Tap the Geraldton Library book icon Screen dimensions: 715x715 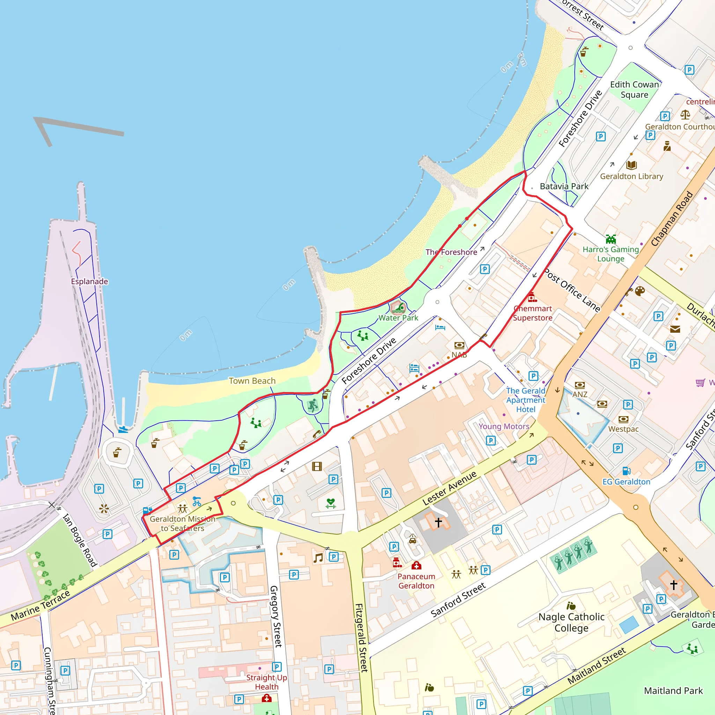pyautogui.click(x=631, y=165)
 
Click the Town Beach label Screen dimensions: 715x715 pyautogui.click(x=252, y=381)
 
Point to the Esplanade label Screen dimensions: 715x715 pyautogui.click(x=90, y=281)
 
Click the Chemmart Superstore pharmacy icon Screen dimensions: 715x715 pyautogui.click(x=532, y=297)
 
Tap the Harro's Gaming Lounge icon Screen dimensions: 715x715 pyautogui.click(x=611, y=239)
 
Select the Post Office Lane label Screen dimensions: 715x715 pyautogui.click(x=572, y=290)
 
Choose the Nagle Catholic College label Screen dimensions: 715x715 pyautogui.click(x=571, y=622)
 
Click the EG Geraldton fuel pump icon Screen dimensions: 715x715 pyautogui.click(x=626, y=471)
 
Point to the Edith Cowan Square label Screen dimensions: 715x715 pyautogui.click(x=634, y=90)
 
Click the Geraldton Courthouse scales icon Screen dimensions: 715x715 pyautogui.click(x=685, y=115)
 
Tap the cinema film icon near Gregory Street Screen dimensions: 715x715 pyautogui.click(x=317, y=466)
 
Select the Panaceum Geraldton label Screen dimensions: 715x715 pyautogui.click(x=417, y=581)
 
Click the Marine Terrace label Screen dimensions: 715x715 pyautogui.click(x=41, y=605)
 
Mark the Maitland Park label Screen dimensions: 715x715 pyautogui.click(x=673, y=691)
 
